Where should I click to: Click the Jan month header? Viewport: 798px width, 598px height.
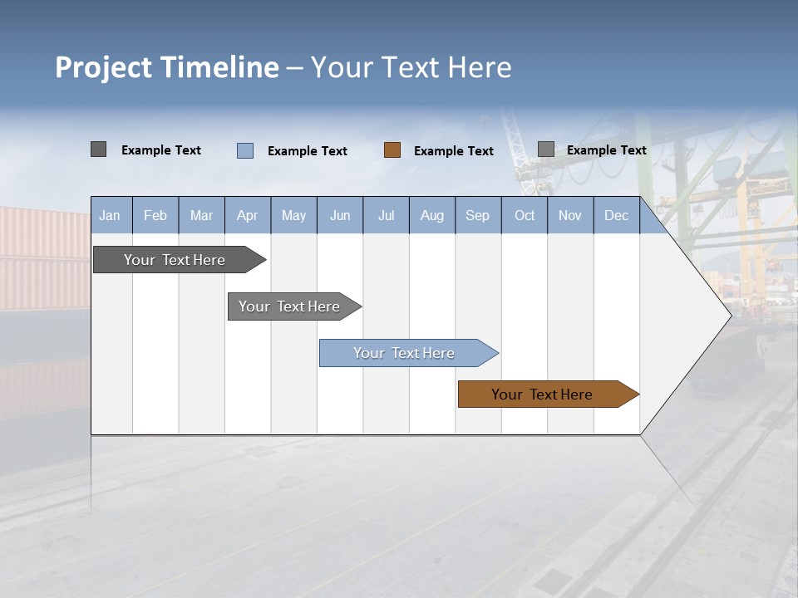[x=111, y=215]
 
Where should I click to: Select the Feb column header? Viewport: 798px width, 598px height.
[x=155, y=215]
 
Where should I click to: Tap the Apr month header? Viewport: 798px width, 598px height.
[x=247, y=215]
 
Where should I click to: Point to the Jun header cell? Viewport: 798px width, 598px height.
[x=340, y=215]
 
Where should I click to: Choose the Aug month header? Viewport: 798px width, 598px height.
[x=431, y=215]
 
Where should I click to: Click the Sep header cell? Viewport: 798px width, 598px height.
[x=477, y=215]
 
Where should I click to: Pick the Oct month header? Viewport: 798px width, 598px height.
[x=525, y=215]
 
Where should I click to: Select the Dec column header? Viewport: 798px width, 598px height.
[x=616, y=215]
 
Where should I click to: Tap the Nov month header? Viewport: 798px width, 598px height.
[x=569, y=215]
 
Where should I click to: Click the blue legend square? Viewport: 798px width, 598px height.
[x=245, y=150]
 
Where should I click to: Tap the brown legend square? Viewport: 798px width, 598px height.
[x=392, y=150]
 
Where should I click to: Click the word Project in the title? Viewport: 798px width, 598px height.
[x=104, y=67]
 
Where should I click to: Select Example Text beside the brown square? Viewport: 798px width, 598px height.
[x=453, y=151]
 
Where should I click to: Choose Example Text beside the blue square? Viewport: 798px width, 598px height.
[x=307, y=151]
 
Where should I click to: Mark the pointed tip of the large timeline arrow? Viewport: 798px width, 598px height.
[x=730, y=315]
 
